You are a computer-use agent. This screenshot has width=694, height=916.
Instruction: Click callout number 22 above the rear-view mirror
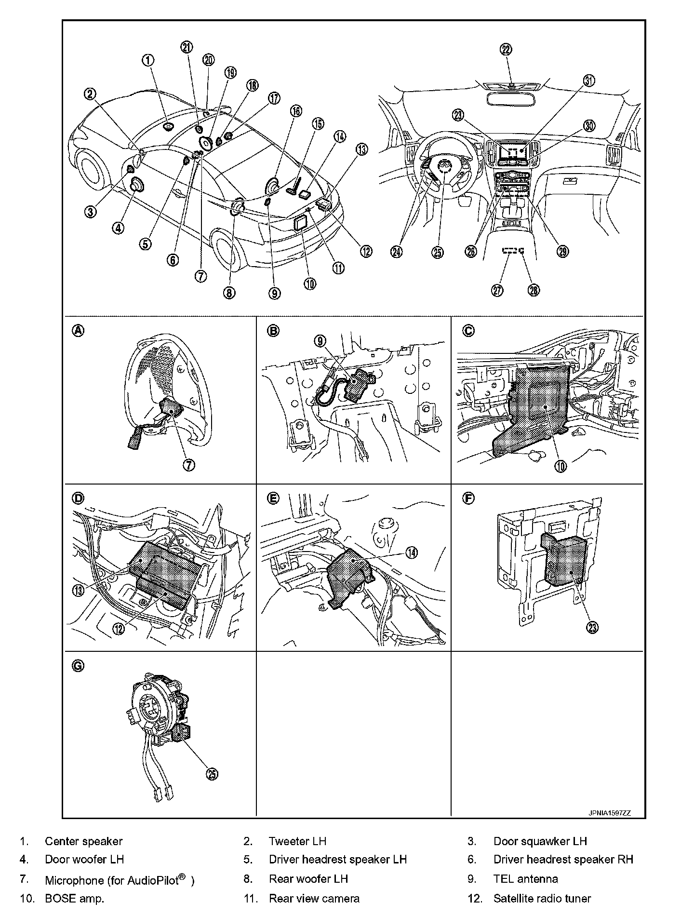point(506,49)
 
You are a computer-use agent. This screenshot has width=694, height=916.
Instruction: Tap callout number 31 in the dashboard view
point(588,81)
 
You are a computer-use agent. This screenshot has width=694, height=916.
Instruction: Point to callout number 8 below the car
point(229,292)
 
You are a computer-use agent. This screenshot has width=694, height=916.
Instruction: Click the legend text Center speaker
point(83,841)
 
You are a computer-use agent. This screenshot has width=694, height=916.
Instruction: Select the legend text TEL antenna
point(525,879)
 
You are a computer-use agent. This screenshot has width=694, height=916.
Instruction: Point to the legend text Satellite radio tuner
point(542,898)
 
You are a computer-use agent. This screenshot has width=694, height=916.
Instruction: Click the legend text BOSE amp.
point(74,898)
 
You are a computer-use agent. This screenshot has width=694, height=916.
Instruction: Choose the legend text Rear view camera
point(314,898)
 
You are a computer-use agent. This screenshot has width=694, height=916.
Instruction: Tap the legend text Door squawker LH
point(540,841)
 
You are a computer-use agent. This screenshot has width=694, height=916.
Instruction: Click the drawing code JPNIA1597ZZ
point(609,813)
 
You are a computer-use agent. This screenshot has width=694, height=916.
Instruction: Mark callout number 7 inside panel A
point(188,465)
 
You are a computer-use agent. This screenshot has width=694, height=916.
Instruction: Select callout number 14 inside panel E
point(411,553)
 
